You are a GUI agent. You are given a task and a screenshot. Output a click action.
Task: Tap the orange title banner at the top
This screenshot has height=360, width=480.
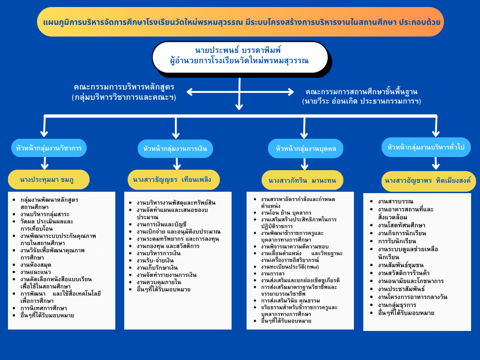(x=240, y=22)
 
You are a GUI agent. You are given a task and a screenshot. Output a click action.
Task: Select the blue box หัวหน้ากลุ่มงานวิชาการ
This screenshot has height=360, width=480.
(x=49, y=148)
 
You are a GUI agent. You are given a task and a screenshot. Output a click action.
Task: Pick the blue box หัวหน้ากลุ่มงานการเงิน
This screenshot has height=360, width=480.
(x=175, y=149)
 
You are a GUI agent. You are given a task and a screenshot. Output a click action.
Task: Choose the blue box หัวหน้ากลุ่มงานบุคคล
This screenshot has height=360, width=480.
(x=306, y=149)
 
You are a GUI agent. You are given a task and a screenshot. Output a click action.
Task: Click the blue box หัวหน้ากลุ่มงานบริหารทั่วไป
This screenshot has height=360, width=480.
(x=426, y=147)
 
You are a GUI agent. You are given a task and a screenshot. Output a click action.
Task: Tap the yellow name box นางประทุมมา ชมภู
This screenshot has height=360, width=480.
(x=48, y=179)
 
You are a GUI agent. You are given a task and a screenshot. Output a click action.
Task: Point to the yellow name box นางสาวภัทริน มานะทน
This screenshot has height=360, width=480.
(x=303, y=180)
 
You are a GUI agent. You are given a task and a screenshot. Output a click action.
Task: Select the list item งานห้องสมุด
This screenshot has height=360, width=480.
(x=36, y=265)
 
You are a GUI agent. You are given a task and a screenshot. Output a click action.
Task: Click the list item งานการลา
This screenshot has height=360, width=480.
(x=274, y=273)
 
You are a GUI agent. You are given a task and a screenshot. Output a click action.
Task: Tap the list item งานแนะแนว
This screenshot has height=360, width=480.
(x=36, y=272)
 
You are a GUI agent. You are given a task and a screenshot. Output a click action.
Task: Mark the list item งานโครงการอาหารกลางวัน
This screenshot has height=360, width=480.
(x=412, y=297)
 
